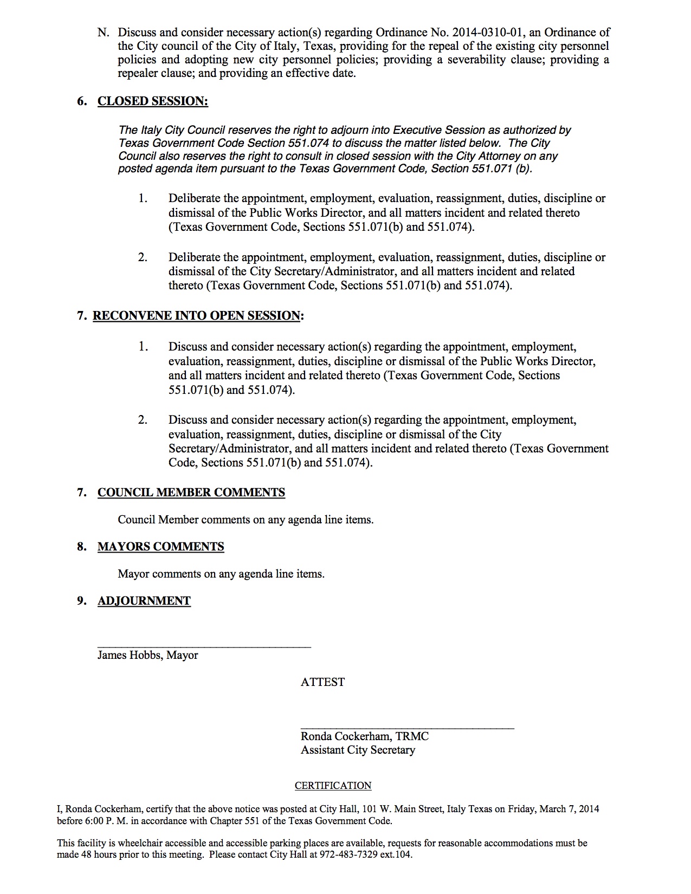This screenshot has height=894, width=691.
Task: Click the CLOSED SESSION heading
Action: pos(152,101)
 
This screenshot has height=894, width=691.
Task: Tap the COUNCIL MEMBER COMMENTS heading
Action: pos(191,493)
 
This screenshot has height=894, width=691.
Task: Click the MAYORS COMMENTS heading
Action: pos(160,547)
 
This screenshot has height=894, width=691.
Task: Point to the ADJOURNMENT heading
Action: pos(144,601)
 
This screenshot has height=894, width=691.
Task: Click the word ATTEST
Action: pos(322,682)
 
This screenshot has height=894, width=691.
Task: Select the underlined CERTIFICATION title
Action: pos(333,786)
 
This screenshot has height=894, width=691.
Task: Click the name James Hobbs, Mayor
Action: pos(147,655)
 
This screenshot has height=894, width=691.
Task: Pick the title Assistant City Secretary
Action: pos(358,750)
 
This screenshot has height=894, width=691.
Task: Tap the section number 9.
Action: pos(82,601)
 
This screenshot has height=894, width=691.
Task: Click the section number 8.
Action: pos(82,547)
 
